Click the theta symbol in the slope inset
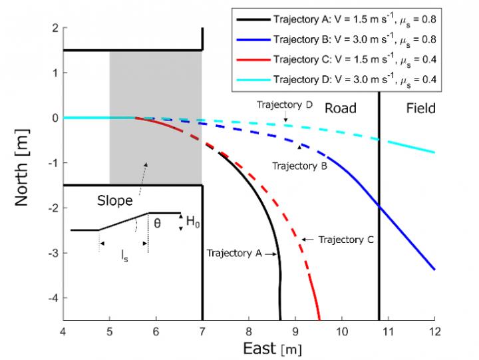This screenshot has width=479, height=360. (157, 225)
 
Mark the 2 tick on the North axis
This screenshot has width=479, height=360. (55, 28)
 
